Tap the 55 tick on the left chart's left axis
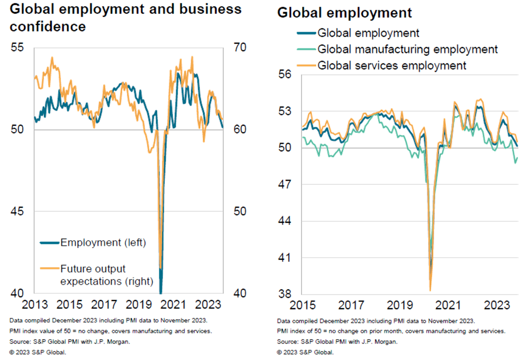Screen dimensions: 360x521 click(18, 48)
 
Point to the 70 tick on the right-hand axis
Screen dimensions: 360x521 click(240, 48)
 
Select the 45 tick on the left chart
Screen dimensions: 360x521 click(18, 212)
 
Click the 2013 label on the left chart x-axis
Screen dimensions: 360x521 click(35, 305)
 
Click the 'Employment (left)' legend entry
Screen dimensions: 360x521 click(103, 242)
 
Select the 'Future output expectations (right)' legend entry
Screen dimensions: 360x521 click(106, 275)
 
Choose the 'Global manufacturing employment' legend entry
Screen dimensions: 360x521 click(408, 49)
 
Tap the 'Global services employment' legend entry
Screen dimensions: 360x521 click(392, 65)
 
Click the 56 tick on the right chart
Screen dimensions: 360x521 click(286, 74)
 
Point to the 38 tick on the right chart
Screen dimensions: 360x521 click(286, 294)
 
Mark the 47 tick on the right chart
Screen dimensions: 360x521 click(286, 184)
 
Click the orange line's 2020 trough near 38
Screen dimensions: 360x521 click(430, 290)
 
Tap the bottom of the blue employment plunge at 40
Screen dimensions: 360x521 click(160, 292)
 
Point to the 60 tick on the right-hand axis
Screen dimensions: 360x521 click(240, 130)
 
